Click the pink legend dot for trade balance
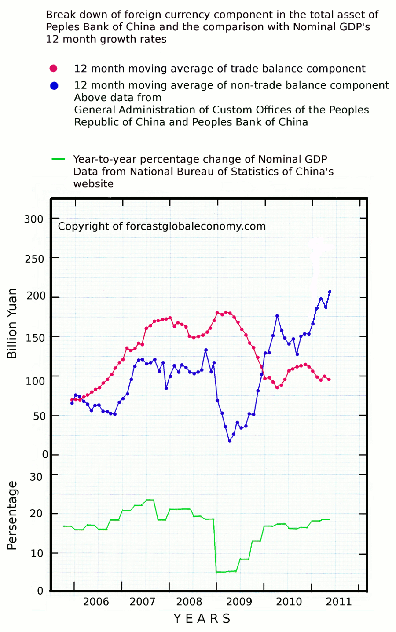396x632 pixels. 53,69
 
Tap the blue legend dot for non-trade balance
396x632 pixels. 54,85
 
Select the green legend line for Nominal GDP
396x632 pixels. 59,159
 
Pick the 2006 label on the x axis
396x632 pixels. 96,602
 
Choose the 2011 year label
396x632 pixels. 339,602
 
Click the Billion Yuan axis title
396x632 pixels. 12,323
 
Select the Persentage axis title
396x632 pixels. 12,515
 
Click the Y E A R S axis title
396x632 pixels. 202,619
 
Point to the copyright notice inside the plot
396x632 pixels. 162,226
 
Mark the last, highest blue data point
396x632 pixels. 330,292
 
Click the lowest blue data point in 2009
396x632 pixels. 230,441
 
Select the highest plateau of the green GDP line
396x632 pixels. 150,500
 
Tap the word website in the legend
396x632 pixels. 93,183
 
